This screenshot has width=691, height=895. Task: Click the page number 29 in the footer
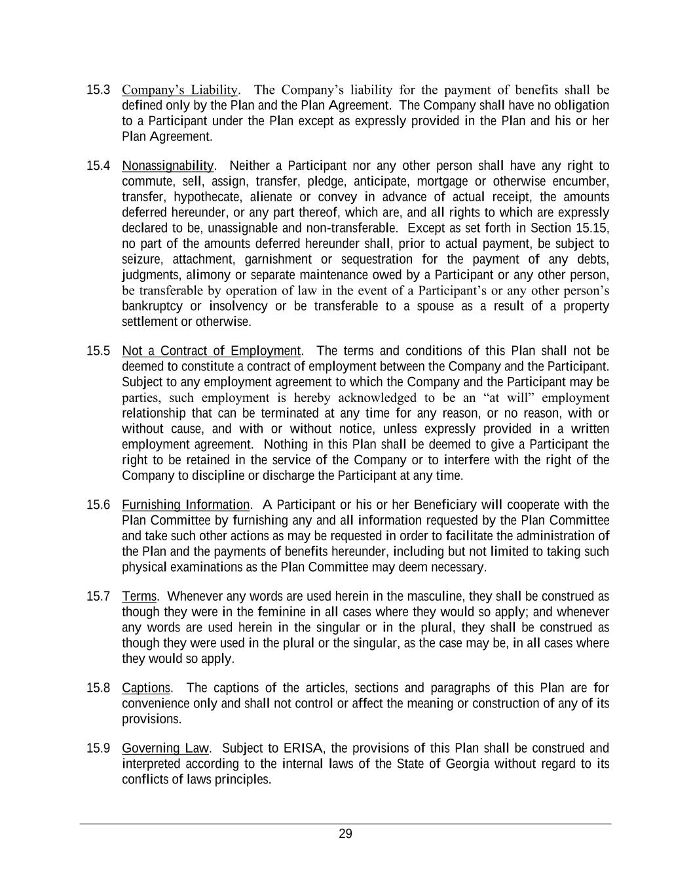point(345,834)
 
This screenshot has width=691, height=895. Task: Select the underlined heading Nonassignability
point(168,166)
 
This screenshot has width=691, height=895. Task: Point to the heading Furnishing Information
point(185,505)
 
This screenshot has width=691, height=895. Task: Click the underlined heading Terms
point(139,597)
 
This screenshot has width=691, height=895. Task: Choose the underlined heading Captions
point(145,688)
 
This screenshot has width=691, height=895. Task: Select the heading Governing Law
point(165,749)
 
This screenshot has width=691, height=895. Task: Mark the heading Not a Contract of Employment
point(211,351)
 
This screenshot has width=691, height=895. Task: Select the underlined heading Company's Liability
point(179,90)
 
